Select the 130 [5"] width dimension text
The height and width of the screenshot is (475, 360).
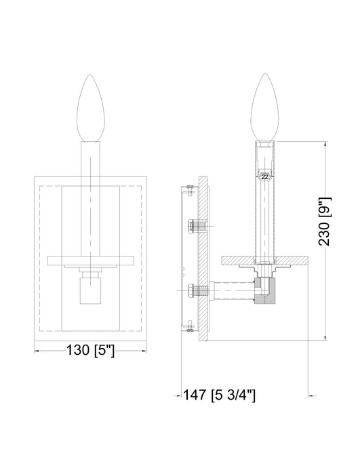tap(90, 351)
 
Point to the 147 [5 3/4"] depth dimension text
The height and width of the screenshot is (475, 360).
tap(223, 394)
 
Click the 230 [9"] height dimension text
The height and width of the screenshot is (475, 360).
tap(326, 221)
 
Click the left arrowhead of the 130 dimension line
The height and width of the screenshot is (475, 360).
tap(37, 351)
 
